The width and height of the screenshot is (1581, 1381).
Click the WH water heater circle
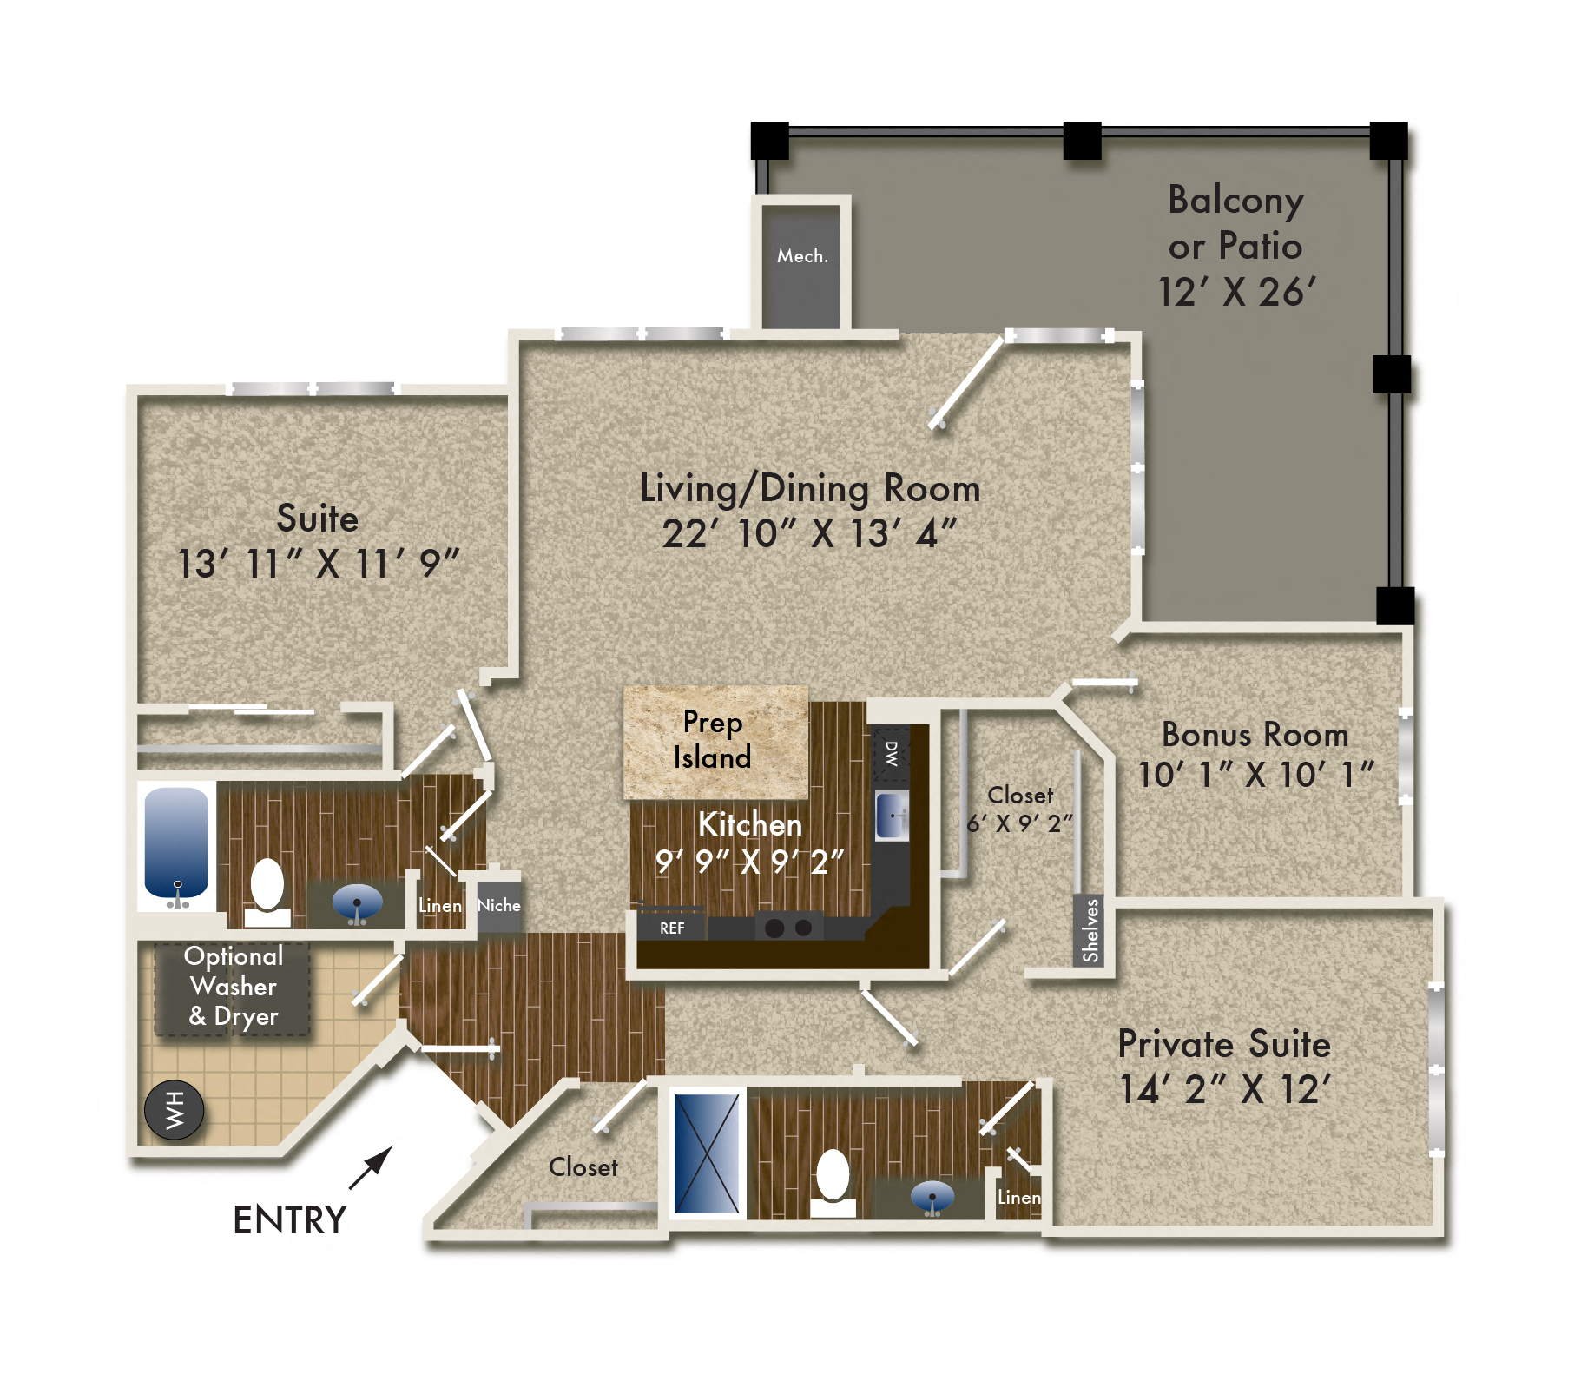click(175, 1110)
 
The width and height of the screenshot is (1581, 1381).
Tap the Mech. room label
click(802, 256)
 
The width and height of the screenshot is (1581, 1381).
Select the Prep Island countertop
click(715, 741)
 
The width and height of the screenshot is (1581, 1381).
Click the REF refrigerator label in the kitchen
click(672, 928)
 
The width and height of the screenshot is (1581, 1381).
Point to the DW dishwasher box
click(892, 753)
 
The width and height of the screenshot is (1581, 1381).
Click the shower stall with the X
click(707, 1153)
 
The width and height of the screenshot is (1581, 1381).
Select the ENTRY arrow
click(372, 1167)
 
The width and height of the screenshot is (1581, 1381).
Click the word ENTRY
click(290, 1220)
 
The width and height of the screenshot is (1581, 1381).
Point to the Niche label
click(499, 905)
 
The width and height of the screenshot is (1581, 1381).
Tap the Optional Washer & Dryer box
click(233, 988)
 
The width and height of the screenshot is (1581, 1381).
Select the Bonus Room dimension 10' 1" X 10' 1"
click(1255, 775)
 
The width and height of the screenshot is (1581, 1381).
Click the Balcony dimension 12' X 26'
click(1236, 293)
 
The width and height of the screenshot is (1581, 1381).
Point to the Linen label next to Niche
click(440, 906)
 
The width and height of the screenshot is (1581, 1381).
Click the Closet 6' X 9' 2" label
click(1020, 809)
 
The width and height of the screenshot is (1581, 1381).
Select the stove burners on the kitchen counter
click(788, 928)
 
